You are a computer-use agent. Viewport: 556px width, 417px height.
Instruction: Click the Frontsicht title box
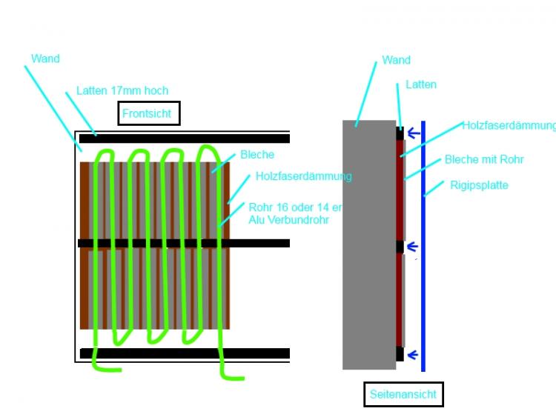coord(148,113)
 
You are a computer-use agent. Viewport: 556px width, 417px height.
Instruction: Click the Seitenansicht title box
coord(404,395)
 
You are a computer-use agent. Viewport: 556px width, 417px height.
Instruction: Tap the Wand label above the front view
coord(46,59)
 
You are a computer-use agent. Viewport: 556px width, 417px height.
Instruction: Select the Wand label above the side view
coord(396,60)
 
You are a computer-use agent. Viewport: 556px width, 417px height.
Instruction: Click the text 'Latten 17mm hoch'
coord(122,91)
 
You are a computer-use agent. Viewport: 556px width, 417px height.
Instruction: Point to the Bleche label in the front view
coord(257,155)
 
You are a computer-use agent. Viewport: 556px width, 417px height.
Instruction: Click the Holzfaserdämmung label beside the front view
coord(303,176)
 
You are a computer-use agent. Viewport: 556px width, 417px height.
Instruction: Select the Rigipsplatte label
coord(479,185)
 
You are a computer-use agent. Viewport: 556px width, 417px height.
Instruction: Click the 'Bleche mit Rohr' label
coord(484,160)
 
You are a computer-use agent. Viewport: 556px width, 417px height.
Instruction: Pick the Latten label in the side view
coord(420,84)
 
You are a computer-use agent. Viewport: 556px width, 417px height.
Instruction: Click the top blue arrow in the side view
coord(414,134)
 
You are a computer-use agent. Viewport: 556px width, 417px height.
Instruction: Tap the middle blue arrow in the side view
coord(414,247)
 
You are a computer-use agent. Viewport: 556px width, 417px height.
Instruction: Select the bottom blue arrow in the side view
coord(414,354)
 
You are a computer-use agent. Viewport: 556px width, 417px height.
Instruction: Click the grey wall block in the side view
coord(368,244)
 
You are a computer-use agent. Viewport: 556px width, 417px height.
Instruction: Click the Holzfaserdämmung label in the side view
coord(508,126)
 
